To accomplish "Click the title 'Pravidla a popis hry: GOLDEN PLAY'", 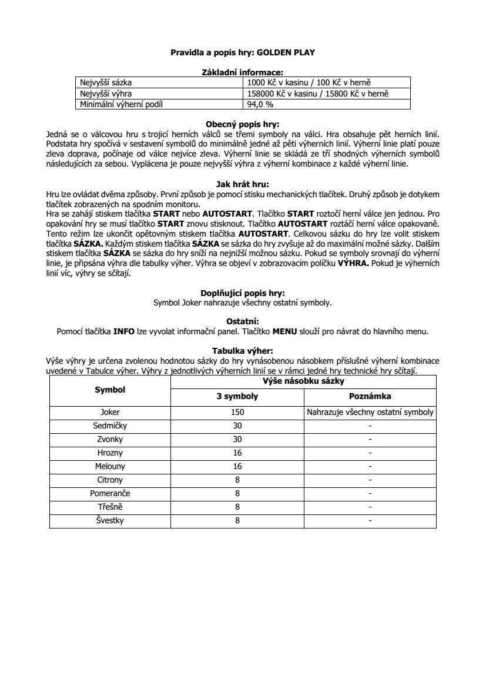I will pos(243,52).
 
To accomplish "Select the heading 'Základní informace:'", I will pos(243,72).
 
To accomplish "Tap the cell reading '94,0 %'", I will pos(261,105).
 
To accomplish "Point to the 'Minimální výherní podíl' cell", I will pos(121,105).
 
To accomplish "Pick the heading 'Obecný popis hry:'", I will pos(243,124).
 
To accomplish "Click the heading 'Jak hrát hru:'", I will pos(243,184).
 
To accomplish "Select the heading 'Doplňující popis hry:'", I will pos(243,293).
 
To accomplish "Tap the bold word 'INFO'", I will pos(124,331).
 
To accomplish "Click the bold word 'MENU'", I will pos(286,331).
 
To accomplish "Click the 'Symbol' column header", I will pos(110,389).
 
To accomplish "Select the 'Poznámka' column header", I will pos(370,396).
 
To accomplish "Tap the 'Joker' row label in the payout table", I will pos(110,412).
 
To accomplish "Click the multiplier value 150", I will pos(237,412).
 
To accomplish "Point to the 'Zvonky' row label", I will pos(110,439).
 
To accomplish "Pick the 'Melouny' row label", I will pos(110,466).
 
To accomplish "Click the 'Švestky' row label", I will pos(110,520).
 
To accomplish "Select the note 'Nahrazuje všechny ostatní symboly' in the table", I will pos(370,412).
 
